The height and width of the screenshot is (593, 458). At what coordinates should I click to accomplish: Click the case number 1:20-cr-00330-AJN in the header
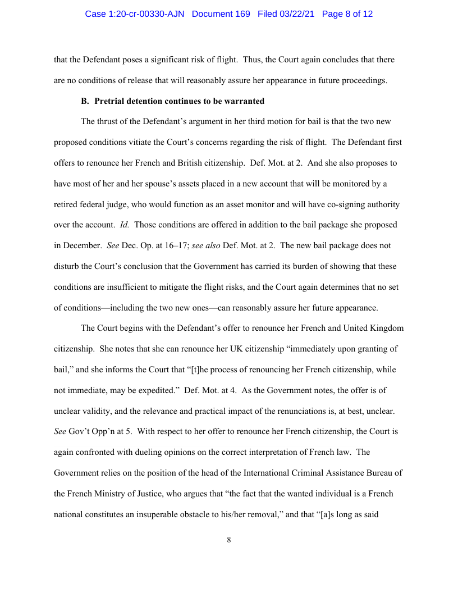pyautogui.click(x=135, y=14)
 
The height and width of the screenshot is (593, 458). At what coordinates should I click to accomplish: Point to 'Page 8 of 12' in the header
pyautogui.click(x=347, y=14)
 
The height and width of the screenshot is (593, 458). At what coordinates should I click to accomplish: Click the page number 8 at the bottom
pyautogui.click(x=229, y=540)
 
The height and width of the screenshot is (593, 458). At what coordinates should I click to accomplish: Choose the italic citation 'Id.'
pyautogui.click(x=125, y=225)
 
